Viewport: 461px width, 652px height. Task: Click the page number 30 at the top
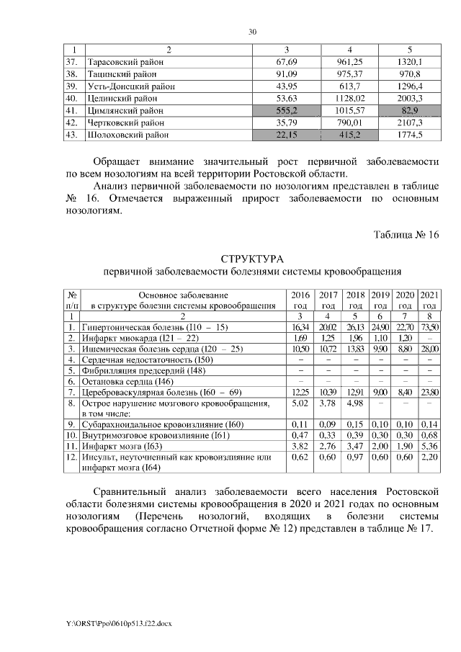(252, 32)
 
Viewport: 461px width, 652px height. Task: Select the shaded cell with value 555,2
(287, 110)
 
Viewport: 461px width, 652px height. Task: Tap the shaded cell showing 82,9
(409, 110)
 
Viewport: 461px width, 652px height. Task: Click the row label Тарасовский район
(125, 62)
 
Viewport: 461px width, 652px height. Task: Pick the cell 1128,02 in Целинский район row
(349, 98)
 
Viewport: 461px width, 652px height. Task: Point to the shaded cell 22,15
(287, 134)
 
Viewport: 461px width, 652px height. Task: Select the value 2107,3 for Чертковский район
(409, 122)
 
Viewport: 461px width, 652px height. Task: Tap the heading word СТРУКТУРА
(252, 259)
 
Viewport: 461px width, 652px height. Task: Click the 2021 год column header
(429, 300)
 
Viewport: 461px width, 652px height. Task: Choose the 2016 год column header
(300, 300)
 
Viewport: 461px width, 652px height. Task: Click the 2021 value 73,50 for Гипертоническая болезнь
(429, 326)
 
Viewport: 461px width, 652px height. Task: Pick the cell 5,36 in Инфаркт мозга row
(429, 447)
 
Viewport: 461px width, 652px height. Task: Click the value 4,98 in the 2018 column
(355, 403)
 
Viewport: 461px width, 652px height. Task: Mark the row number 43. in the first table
(71, 134)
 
